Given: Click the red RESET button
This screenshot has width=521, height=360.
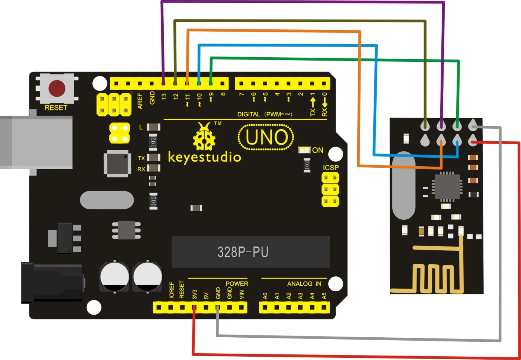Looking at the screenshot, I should click(x=57, y=89).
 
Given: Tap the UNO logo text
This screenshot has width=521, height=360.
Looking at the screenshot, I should click(x=266, y=137).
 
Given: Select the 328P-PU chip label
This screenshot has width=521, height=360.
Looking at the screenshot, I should click(x=243, y=252).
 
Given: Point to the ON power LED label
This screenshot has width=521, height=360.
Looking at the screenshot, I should click(x=317, y=150).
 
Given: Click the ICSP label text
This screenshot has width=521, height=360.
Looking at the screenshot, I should click(x=330, y=168).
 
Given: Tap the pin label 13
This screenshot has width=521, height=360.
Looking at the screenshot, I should click(x=164, y=96).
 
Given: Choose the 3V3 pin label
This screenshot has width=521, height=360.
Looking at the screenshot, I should click(x=195, y=294).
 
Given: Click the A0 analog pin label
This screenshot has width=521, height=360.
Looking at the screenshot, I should click(x=265, y=296).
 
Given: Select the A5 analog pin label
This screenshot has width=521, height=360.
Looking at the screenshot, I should click(x=324, y=296).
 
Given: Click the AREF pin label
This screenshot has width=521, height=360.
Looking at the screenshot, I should click(x=140, y=101).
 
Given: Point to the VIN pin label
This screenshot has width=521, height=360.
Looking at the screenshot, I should click(x=242, y=295).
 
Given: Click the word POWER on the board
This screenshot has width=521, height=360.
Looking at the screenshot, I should click(x=237, y=284).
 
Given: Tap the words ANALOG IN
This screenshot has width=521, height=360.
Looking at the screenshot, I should click(x=304, y=284).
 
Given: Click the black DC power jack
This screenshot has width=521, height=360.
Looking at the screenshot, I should click(x=52, y=283).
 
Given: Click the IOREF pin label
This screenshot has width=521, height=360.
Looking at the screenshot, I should click(x=172, y=290).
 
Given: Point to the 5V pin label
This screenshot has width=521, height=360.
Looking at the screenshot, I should click(x=207, y=296).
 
